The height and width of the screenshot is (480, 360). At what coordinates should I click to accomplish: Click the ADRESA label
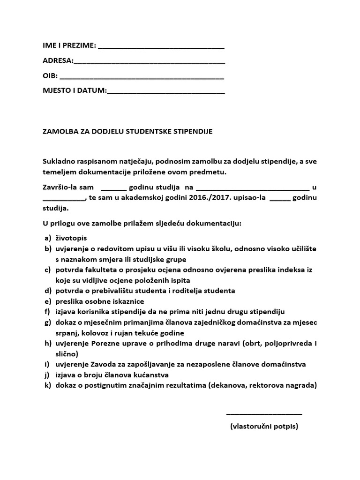(x=58, y=61)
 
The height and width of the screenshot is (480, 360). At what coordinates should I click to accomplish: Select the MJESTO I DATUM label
(x=75, y=90)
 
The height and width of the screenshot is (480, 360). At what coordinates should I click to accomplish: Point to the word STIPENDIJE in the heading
(x=193, y=131)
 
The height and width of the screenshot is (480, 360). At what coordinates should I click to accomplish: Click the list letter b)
(x=47, y=249)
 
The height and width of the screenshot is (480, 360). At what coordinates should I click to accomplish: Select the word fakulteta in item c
(x=99, y=270)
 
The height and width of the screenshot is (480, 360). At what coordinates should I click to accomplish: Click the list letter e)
(x=47, y=301)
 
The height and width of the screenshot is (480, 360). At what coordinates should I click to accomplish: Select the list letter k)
(x=47, y=385)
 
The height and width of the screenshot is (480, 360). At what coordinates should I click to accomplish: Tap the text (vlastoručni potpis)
(x=264, y=427)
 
